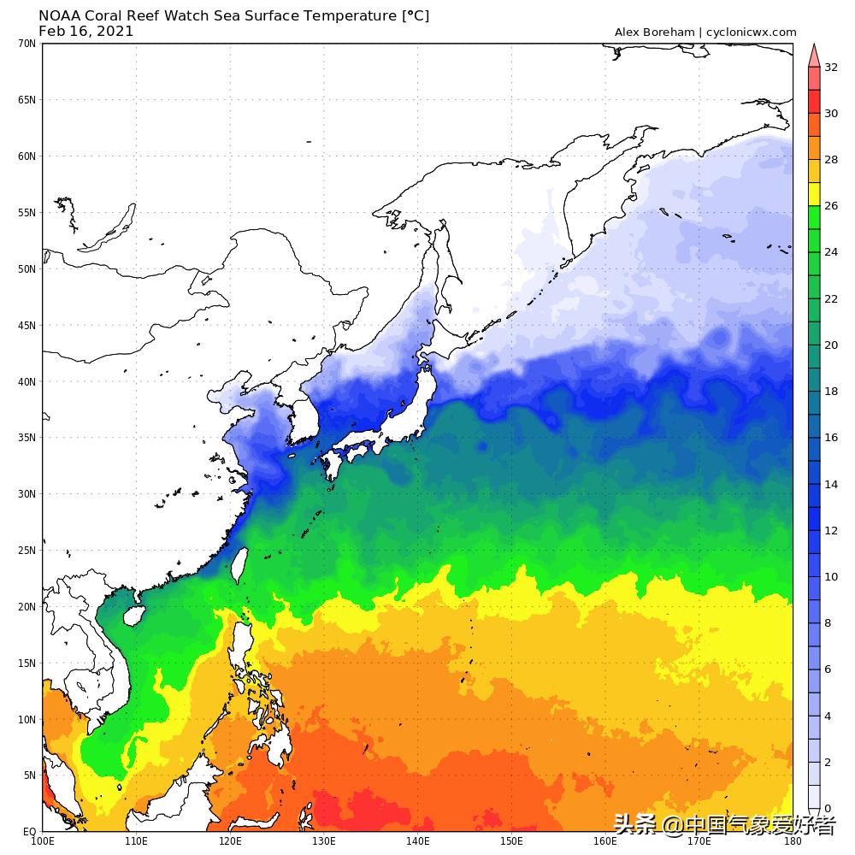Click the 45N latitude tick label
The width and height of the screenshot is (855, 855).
click(x=27, y=325)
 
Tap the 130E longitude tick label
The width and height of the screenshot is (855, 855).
click(x=323, y=841)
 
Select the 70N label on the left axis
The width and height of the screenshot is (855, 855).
click(x=27, y=43)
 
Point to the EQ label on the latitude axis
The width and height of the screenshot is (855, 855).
click(x=29, y=831)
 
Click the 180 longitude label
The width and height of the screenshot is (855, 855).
click(x=793, y=841)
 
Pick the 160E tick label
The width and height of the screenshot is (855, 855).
click(x=604, y=841)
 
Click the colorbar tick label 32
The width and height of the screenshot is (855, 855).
click(x=831, y=67)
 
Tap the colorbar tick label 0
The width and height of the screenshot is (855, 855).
click(x=828, y=808)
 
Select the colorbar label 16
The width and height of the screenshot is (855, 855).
click(x=831, y=438)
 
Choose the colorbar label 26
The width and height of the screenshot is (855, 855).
click(x=831, y=206)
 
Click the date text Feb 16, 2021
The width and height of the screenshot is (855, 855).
click(x=86, y=32)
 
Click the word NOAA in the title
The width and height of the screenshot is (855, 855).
click(x=59, y=16)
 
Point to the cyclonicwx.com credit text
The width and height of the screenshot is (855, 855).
click(x=752, y=32)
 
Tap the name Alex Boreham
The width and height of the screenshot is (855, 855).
click(x=654, y=32)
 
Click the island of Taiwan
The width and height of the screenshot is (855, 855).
click(x=239, y=565)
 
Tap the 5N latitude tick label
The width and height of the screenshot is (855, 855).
click(x=29, y=775)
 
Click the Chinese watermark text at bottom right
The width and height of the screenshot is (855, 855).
click(x=725, y=826)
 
